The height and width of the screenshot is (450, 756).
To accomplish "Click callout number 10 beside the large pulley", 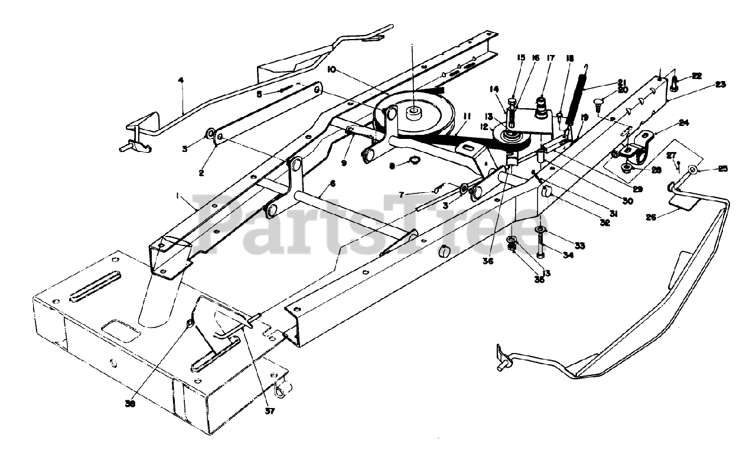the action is point(331,70).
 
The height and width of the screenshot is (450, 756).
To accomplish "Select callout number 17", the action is point(550,58).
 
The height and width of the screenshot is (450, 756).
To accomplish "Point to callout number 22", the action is point(697,76).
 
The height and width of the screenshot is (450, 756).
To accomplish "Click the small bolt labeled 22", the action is point(676,84).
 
